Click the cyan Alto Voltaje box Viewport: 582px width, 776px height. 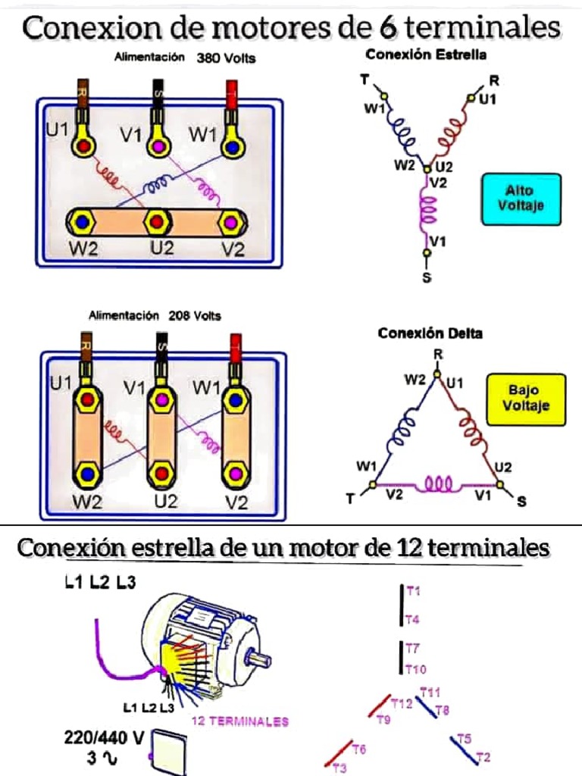click(x=521, y=199)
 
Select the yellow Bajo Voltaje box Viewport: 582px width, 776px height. click(x=526, y=399)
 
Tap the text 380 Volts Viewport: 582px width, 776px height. click(x=226, y=58)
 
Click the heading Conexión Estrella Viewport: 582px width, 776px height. click(x=426, y=55)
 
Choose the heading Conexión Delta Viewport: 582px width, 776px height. click(x=430, y=333)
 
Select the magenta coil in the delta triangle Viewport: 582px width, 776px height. click(x=437, y=483)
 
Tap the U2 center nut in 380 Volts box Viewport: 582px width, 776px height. click(x=157, y=222)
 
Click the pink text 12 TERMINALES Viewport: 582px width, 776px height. click(x=240, y=721)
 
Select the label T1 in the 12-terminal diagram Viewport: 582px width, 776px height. click(x=413, y=590)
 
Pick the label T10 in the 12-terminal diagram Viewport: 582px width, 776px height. click(x=416, y=669)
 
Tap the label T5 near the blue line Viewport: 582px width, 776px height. click(x=465, y=737)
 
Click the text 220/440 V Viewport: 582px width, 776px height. click(x=105, y=737)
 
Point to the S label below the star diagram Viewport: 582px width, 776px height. click(x=426, y=278)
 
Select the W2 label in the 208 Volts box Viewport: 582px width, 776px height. click(x=86, y=501)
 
